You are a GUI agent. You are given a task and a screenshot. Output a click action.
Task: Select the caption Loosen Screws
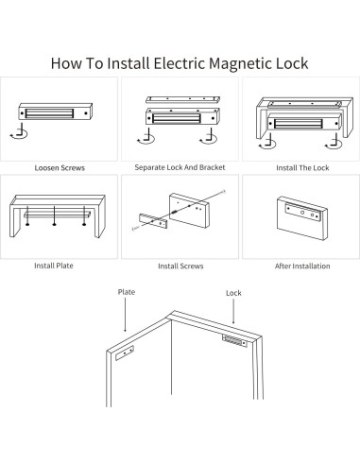(60, 167)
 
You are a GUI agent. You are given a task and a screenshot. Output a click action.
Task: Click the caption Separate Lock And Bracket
(180, 167)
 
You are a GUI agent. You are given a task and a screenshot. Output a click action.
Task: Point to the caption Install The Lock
(300, 167)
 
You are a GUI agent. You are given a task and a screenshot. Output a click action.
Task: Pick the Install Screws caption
(180, 267)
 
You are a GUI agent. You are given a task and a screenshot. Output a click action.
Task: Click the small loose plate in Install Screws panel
(151, 224)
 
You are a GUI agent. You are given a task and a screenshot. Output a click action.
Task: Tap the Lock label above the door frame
(233, 293)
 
